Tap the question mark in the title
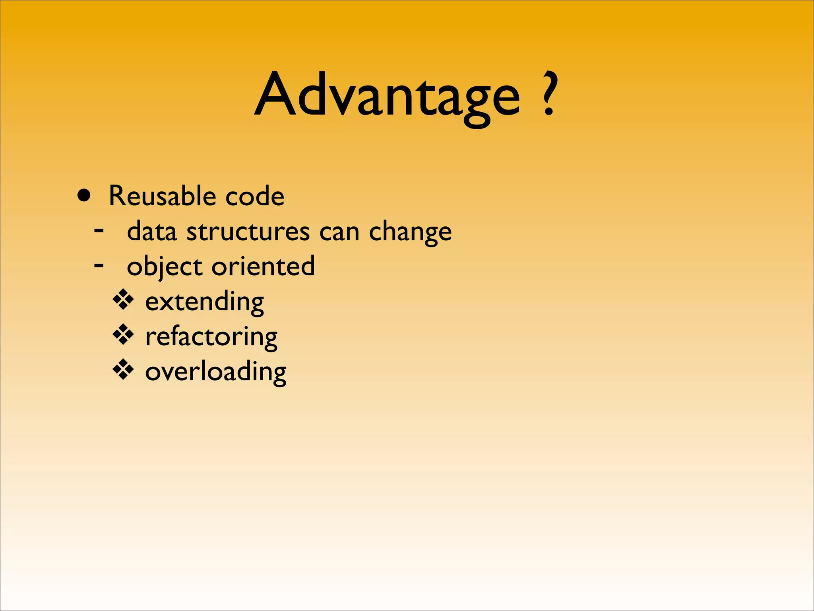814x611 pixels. point(550,93)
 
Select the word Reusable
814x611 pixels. point(162,196)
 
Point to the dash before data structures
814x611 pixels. point(99,230)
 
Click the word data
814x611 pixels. point(151,232)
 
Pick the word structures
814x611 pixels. point(248,232)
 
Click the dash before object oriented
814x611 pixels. point(99,265)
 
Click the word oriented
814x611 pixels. point(263,266)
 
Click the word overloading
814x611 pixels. point(215,372)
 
